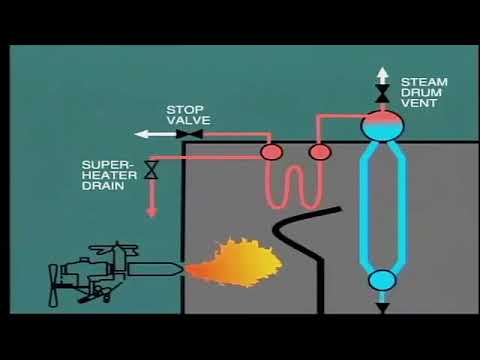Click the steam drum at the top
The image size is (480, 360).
382,125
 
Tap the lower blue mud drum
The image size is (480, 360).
382,280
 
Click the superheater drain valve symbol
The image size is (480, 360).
151,170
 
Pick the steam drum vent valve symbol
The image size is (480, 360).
382,95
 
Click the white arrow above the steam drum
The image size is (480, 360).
382,74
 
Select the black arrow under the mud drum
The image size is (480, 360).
382,307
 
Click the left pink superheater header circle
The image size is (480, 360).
271,152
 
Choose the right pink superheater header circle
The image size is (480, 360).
320,152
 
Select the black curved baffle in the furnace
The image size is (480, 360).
309,250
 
